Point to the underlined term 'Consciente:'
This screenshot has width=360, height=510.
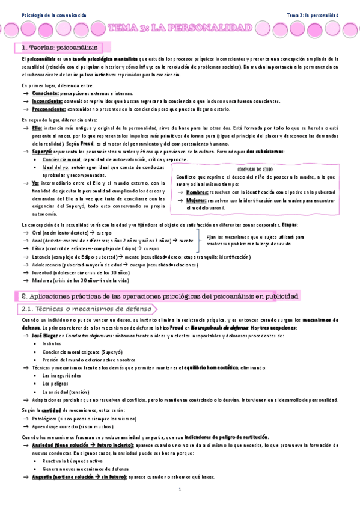(x=46, y=94)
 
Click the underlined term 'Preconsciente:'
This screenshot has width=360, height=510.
(x=50, y=109)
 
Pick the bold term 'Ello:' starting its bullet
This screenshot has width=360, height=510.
(x=37, y=128)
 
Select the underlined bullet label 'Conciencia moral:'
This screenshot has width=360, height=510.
(x=63, y=159)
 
